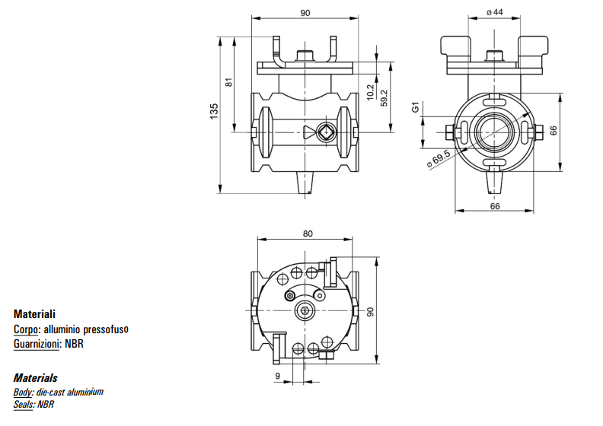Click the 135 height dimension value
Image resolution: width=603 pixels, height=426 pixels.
[x=214, y=111]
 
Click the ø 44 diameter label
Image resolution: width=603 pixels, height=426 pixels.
[x=495, y=12]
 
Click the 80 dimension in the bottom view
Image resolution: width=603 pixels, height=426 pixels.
[x=308, y=234]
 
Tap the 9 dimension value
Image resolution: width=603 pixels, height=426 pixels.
[x=279, y=375]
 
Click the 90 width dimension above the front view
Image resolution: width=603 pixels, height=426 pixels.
[x=305, y=12]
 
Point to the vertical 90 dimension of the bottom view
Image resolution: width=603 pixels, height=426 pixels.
[x=371, y=312]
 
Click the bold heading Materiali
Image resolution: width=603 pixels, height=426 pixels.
[x=34, y=313]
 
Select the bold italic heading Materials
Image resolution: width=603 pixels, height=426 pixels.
[x=35, y=378]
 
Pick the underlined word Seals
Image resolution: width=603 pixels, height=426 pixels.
[x=24, y=405]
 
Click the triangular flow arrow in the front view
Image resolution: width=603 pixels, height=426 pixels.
[x=307, y=132]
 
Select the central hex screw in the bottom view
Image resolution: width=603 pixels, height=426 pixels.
[x=306, y=311]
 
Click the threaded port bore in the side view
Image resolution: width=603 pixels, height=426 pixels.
[x=494, y=132]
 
